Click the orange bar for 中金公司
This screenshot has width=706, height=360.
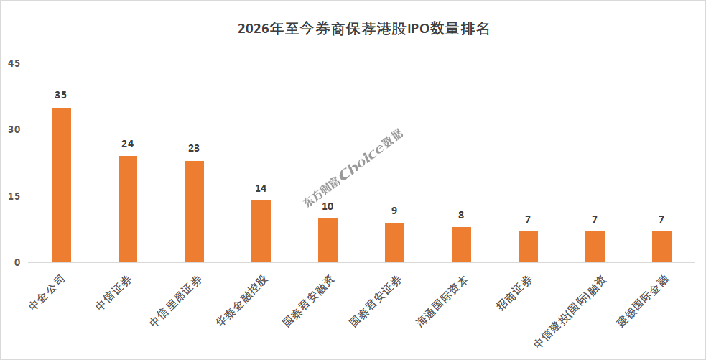[x=61, y=185]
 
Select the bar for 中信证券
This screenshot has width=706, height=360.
[x=128, y=209]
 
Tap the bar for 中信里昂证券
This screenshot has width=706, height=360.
[x=195, y=212]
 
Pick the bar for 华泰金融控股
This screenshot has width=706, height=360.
[x=261, y=231]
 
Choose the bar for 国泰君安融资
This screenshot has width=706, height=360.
[x=328, y=241]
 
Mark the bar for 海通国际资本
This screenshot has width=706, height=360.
[x=462, y=244]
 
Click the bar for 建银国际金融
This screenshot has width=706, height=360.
[x=662, y=247]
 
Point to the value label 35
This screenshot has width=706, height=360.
[x=61, y=95]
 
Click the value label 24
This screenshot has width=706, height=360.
[x=127, y=144]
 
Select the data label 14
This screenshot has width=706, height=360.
[x=261, y=188]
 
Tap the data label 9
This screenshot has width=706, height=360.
[x=394, y=211]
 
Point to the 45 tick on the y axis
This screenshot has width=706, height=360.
[x=14, y=63]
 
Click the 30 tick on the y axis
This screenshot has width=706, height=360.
[x=14, y=130]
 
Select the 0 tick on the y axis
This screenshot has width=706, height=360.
[x=17, y=263]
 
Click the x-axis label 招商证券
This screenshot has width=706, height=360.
[x=515, y=293]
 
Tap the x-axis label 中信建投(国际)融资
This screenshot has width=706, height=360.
[x=570, y=311]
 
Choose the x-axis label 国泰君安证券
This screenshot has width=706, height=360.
[x=376, y=301]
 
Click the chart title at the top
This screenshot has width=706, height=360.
[x=363, y=29]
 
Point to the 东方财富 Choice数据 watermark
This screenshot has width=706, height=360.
[x=353, y=168]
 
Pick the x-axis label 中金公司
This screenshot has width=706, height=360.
[x=47, y=292]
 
